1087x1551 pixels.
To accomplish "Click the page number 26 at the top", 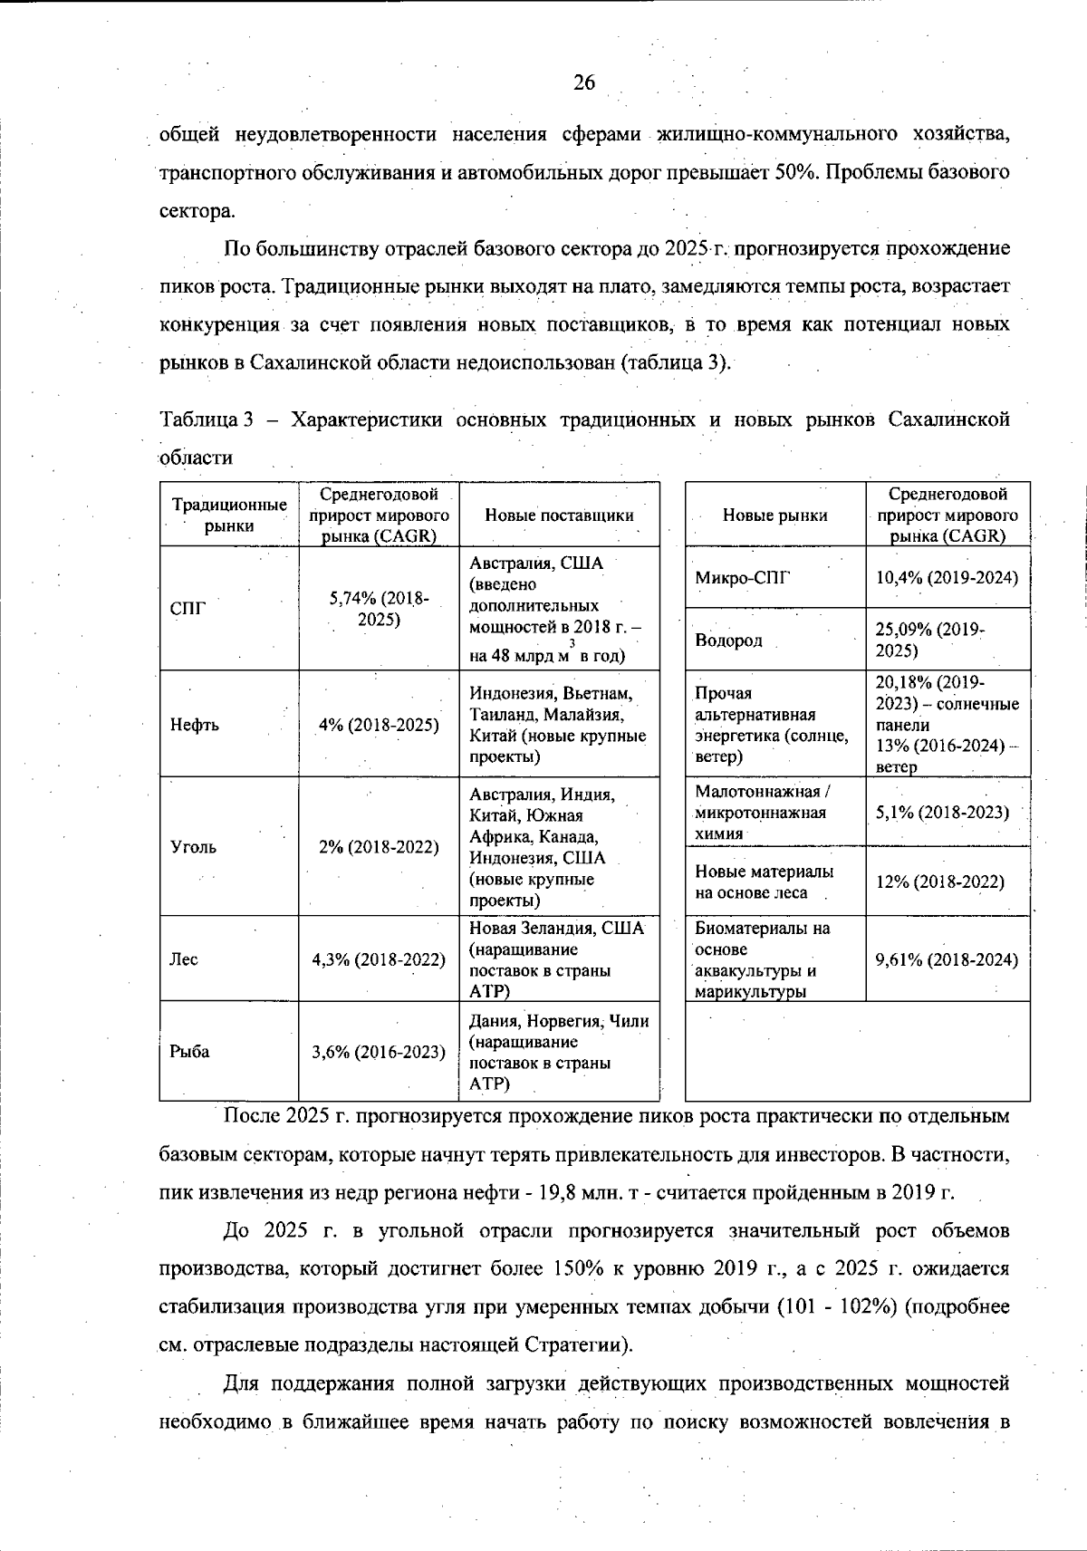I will pyautogui.click(x=584, y=83).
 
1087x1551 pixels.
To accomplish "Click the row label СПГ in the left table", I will pyautogui.click(x=188, y=609).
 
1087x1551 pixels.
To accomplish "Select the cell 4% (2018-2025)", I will pyautogui.click(x=379, y=725).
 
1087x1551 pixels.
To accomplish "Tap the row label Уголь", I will pyautogui.click(x=194, y=847).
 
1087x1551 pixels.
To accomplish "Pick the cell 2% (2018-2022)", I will pyautogui.click(x=379, y=847).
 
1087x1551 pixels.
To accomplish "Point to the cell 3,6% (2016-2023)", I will pyautogui.click(x=379, y=1052).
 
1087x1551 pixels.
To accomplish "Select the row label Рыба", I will pyautogui.click(x=189, y=1052).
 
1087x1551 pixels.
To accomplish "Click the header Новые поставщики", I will pyautogui.click(x=559, y=515).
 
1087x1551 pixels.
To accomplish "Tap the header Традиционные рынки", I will pyautogui.click(x=229, y=515).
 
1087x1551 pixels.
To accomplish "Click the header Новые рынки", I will pyautogui.click(x=774, y=515).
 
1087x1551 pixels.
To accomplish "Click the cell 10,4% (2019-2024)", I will pyautogui.click(x=947, y=577).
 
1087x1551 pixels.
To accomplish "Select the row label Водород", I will pyautogui.click(x=728, y=641).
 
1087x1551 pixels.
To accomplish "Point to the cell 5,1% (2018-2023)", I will pyautogui.click(x=942, y=812).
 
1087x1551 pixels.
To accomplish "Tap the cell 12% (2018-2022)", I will pyautogui.click(x=939, y=881).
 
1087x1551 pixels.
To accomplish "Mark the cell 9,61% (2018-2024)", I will pyautogui.click(x=947, y=959).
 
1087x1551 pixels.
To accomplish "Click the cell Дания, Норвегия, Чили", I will pyautogui.click(x=559, y=1021).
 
